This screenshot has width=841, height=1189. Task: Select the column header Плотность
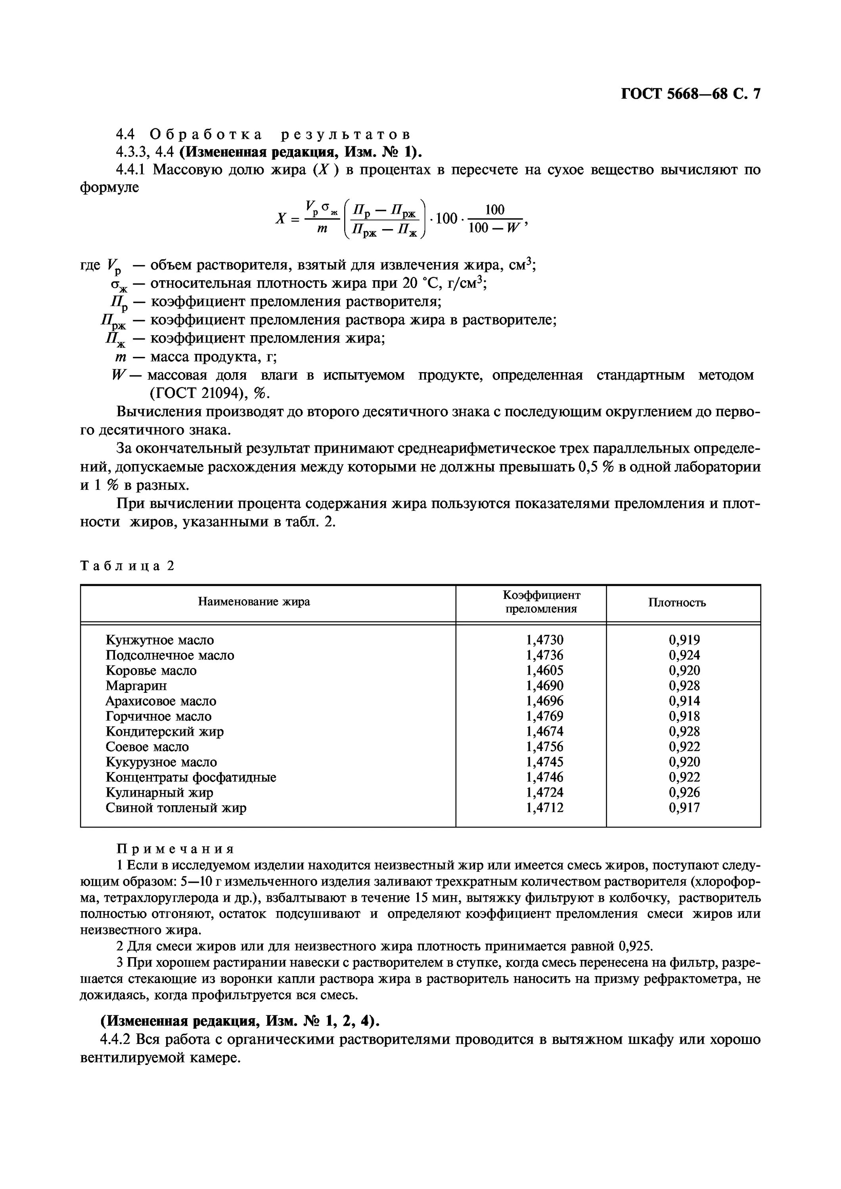coord(677,602)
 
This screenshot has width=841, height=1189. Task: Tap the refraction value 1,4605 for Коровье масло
coord(544,671)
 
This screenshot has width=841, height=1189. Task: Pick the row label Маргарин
coord(136,686)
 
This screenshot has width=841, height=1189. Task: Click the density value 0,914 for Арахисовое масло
coord(684,701)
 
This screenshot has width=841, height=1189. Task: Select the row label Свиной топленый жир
coord(176,808)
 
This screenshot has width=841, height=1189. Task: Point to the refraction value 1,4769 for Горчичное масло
coord(544,716)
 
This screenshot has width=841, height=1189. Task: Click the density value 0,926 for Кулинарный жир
coord(684,792)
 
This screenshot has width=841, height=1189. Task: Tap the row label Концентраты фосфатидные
coord(191,777)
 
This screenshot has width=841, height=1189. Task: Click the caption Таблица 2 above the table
coord(127,566)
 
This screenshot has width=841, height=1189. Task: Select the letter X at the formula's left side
coord(280,218)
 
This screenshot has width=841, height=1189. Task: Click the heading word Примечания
coord(175,849)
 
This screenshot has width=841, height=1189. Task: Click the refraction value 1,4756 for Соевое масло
coord(544,747)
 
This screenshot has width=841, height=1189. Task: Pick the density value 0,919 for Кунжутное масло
coord(684,640)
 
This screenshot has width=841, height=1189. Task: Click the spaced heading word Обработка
coord(206,135)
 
